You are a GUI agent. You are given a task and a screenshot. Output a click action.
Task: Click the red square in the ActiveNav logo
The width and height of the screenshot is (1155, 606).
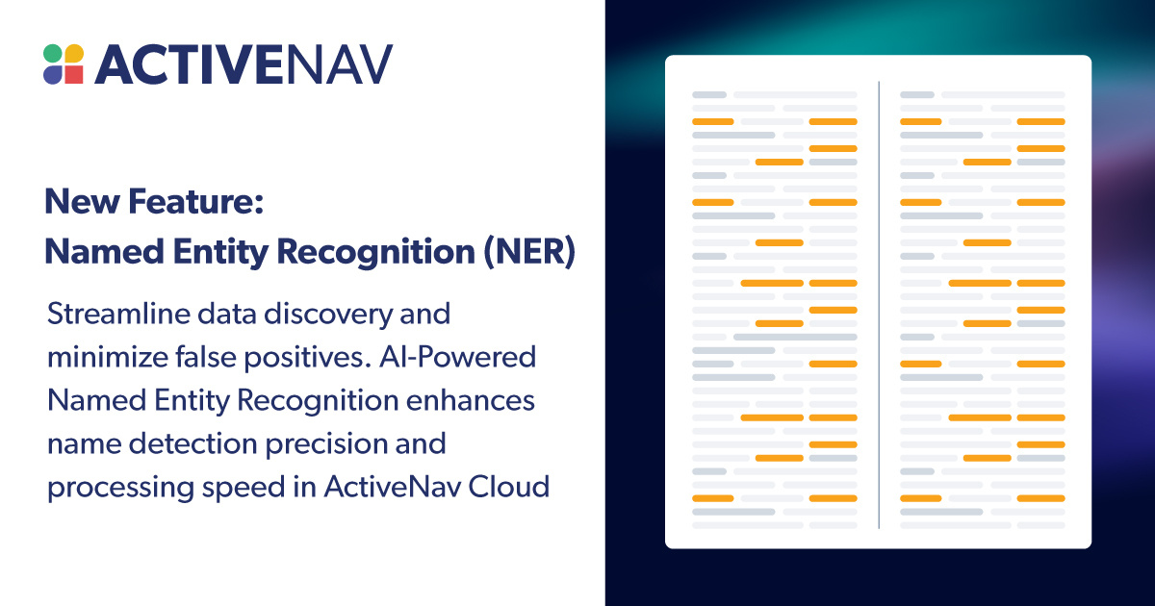(x=75, y=75)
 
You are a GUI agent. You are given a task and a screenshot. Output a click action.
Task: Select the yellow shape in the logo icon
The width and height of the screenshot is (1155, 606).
(x=74, y=53)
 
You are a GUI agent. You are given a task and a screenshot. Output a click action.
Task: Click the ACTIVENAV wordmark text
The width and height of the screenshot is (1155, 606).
(x=244, y=64)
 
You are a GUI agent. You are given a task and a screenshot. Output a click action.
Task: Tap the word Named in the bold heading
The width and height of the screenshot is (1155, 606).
(x=94, y=252)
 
